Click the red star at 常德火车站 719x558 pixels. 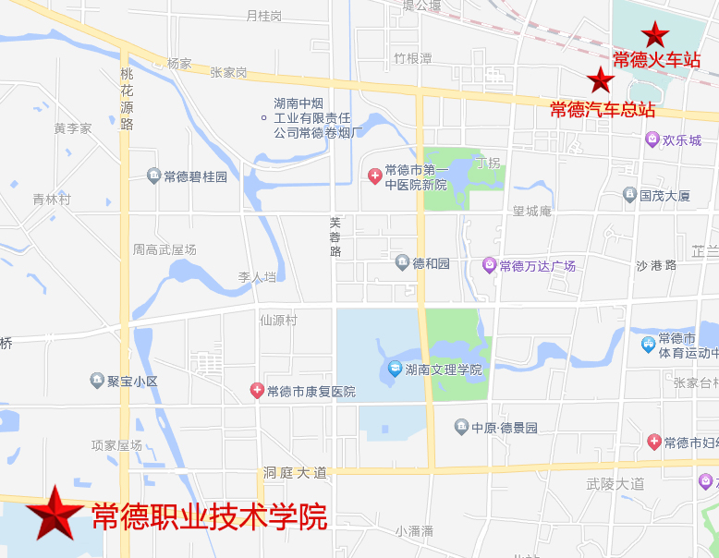[655, 35]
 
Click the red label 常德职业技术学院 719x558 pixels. [209, 516]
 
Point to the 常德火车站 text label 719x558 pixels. [656, 61]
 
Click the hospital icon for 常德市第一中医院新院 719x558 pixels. [374, 176]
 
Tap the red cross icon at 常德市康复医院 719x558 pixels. [257, 391]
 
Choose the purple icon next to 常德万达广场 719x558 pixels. [489, 266]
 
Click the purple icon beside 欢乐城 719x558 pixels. [652, 139]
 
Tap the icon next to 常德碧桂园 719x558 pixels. [153, 176]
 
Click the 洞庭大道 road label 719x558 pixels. [295, 472]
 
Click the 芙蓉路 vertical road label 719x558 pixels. [335, 237]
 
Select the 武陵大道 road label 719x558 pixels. [615, 483]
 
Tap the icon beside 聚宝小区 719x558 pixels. [97, 380]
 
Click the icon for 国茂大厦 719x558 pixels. [629, 195]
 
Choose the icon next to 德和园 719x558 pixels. [402, 263]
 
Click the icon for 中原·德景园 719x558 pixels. [461, 427]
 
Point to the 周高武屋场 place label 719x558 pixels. [165, 249]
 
